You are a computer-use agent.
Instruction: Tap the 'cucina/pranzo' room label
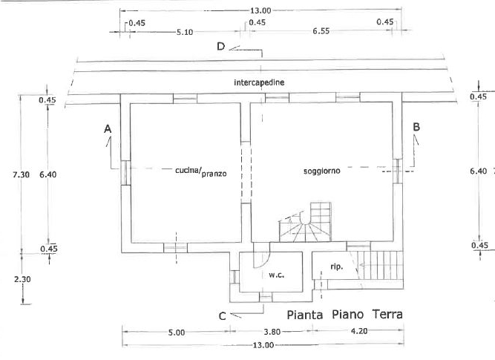200,171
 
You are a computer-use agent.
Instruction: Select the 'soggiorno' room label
321,171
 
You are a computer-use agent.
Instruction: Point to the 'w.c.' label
277,275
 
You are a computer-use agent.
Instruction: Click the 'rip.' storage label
336,266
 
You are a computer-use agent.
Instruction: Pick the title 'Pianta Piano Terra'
345,315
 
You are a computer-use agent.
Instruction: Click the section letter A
108,129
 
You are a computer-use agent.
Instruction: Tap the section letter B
416,127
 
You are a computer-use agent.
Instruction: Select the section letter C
222,315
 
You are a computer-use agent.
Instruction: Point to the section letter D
220,46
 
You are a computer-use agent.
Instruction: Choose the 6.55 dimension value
321,32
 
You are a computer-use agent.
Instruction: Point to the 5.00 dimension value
176,333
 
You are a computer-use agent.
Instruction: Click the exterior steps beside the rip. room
379,268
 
